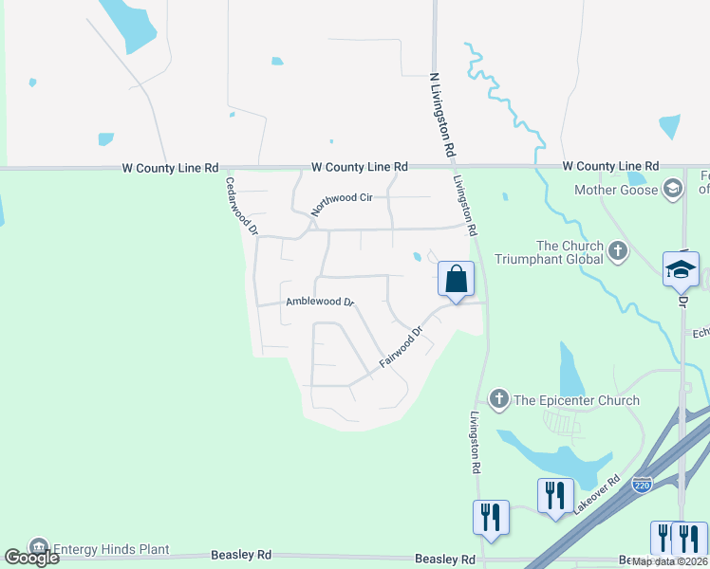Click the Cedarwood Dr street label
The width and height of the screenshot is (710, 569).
click(x=241, y=204)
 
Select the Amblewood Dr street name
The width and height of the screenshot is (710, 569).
click(x=320, y=303)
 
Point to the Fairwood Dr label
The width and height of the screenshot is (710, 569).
click(x=400, y=349)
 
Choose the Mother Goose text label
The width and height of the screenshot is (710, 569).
click(x=616, y=190)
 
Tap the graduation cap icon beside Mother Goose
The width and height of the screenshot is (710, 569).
click(x=674, y=189)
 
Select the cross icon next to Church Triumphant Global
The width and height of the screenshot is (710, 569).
click(x=619, y=251)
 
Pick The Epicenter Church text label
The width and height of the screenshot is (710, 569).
click(x=577, y=400)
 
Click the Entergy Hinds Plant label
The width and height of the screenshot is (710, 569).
click(x=111, y=548)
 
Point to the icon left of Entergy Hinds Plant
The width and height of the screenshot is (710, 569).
click(x=38, y=548)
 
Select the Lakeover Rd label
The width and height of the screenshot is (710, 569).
click(x=595, y=495)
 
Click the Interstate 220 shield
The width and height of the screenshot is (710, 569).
click(x=643, y=485)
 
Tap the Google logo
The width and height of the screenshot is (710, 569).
click(x=30, y=558)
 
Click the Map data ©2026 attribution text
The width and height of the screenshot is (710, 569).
click(x=670, y=561)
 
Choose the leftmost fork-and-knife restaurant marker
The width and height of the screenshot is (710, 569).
click(x=491, y=518)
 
